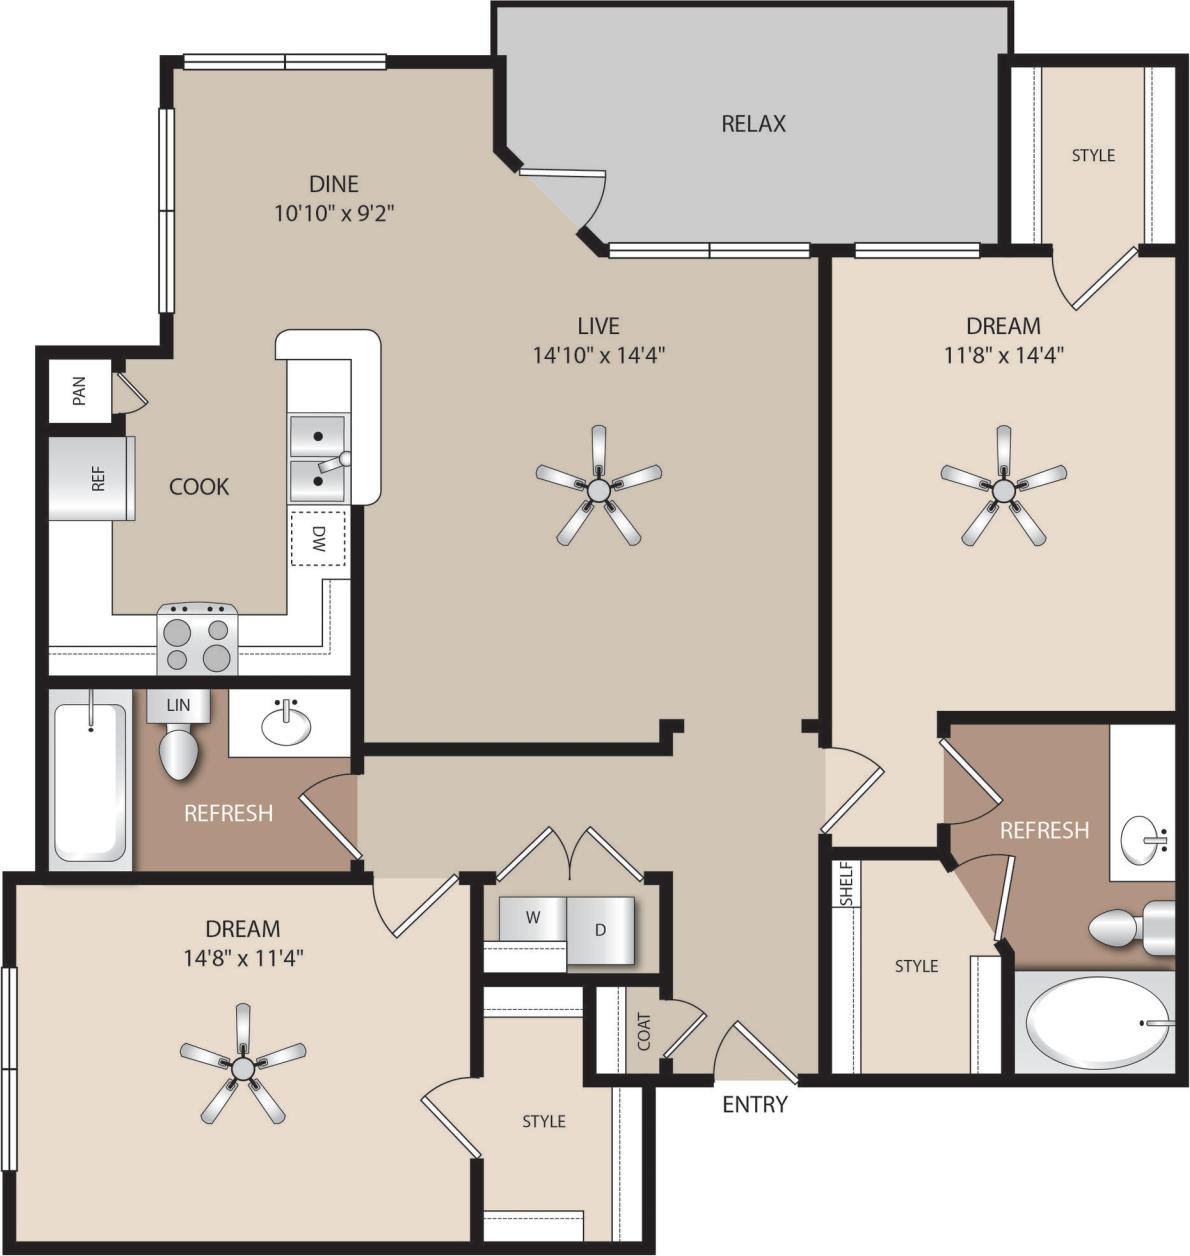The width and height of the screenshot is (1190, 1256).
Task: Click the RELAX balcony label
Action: (753, 124)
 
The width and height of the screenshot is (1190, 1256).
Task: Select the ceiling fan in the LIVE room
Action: (598, 488)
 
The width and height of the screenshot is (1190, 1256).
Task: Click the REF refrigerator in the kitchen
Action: (92, 478)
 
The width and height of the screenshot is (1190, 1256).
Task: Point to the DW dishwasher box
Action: (318, 538)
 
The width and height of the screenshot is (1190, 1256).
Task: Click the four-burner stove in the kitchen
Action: (198, 639)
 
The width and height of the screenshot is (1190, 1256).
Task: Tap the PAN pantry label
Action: (79, 388)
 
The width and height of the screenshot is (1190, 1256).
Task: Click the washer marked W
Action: (532, 918)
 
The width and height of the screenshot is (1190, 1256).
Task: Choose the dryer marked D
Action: (601, 930)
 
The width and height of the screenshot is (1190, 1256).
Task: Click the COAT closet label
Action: (643, 1032)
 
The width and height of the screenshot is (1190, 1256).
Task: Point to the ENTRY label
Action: (755, 1104)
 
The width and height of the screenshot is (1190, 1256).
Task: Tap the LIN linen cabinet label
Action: (178, 705)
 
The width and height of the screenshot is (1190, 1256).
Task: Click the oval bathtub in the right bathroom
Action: (1097, 1022)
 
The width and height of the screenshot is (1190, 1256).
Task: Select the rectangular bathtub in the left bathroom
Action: (90, 781)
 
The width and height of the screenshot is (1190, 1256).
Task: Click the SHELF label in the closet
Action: (846, 883)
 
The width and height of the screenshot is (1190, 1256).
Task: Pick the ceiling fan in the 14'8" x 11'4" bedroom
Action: (242, 1068)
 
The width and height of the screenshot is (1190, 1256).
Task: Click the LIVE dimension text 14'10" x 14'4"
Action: (598, 353)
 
